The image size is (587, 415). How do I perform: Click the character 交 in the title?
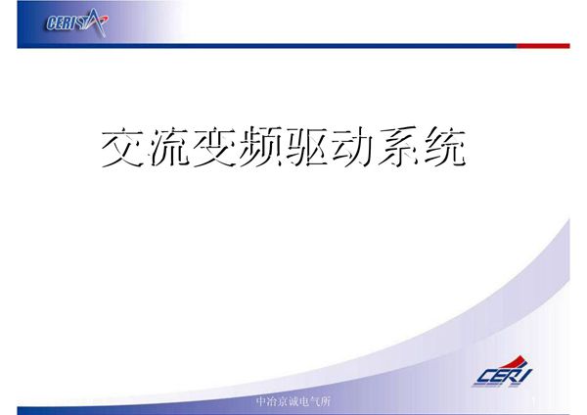(124, 147)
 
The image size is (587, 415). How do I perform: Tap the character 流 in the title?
(169, 147)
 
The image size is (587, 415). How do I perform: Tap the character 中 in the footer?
(259, 402)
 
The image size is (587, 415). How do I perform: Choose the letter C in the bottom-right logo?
(486, 378)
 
